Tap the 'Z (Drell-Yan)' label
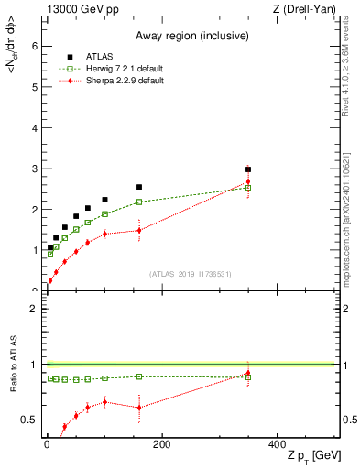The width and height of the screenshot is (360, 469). point(309,10)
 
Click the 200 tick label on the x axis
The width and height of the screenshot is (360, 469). point(161,444)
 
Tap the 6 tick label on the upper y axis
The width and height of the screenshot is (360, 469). point(33,46)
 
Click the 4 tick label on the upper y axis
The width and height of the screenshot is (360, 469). point(33,127)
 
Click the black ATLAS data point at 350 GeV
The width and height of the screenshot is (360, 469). point(248,169)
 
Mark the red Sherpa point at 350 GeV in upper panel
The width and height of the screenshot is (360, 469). point(248,181)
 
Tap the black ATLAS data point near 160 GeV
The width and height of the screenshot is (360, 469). point(139,187)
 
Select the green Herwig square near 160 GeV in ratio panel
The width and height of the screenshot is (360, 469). point(139,376)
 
